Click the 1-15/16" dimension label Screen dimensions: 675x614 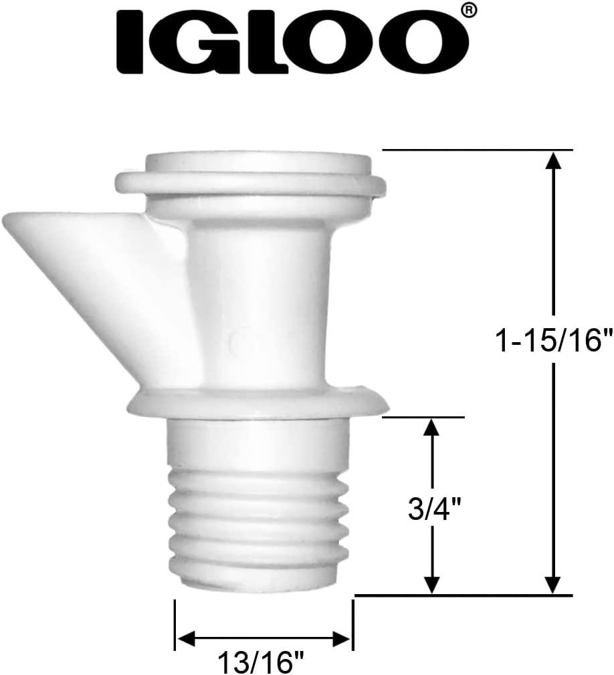(x=553, y=342)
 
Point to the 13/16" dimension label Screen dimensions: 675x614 (x=261, y=663)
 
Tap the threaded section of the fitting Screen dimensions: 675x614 (x=258, y=521)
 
